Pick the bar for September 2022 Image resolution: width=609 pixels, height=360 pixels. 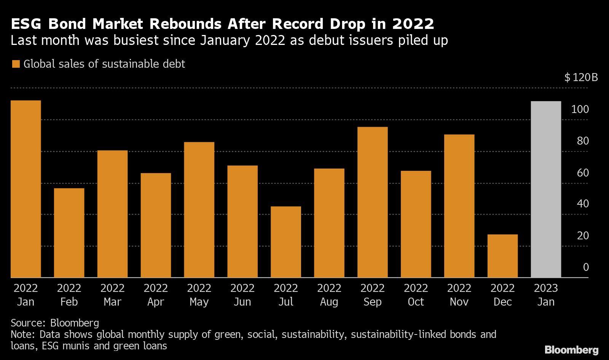point(373,202)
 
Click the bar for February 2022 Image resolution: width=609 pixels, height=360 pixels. point(69,233)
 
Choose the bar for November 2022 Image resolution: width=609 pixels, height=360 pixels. point(459,206)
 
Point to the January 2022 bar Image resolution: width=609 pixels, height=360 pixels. point(26,189)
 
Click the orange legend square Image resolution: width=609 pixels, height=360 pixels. point(16,64)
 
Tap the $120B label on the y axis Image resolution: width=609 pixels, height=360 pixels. point(581,78)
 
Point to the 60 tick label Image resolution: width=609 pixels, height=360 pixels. point(583,173)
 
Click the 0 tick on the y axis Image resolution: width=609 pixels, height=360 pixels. point(586,267)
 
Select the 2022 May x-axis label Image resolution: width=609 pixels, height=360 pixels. point(199,295)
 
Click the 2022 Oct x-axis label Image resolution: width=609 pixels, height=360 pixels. point(416,295)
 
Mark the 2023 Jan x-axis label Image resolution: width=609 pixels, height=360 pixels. point(546,295)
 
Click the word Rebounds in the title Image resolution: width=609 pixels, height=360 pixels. point(185,24)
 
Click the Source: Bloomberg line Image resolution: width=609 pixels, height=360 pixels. point(55,323)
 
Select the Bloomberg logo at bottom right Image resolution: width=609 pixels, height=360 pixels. point(571,350)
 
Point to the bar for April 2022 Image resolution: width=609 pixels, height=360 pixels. point(156,225)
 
